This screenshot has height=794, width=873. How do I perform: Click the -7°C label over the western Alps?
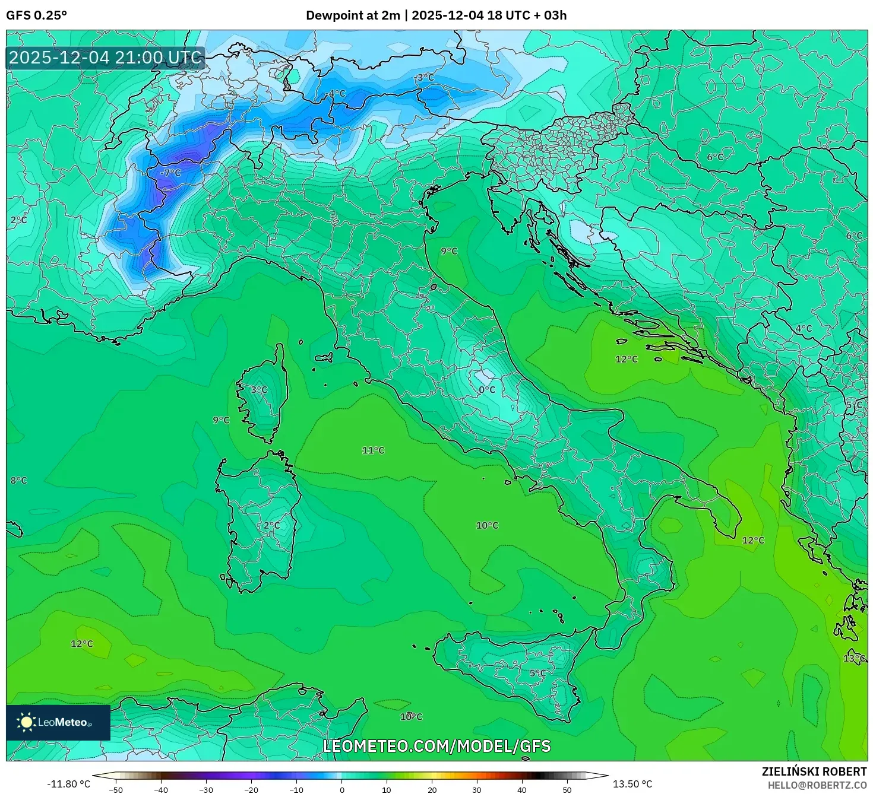pos(170,173)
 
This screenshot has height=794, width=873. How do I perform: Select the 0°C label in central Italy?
pos(487,389)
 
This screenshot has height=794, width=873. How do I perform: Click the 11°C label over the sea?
pos(373,450)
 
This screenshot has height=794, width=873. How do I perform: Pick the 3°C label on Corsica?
pos(259,390)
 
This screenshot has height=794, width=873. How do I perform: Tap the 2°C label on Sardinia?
pos(271,526)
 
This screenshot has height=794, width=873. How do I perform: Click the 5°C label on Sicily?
pos(537,673)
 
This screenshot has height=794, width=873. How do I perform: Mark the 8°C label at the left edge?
pos(18,480)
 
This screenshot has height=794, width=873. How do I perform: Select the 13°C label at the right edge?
pos(854,658)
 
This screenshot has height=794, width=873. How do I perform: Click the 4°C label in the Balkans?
pos(804,328)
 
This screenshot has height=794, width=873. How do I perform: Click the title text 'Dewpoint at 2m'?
pos(353,15)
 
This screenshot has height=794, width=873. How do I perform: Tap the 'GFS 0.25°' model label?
pos(37,15)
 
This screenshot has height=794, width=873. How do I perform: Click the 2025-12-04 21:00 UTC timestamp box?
pos(105,58)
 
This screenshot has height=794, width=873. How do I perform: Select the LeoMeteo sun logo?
pos(26,722)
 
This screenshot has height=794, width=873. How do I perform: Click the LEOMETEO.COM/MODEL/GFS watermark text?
pos(436,746)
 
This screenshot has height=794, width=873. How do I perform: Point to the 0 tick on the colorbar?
pos(341,789)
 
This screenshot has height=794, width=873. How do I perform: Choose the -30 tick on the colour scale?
pos(205,789)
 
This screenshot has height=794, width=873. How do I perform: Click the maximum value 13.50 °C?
pos(632,784)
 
